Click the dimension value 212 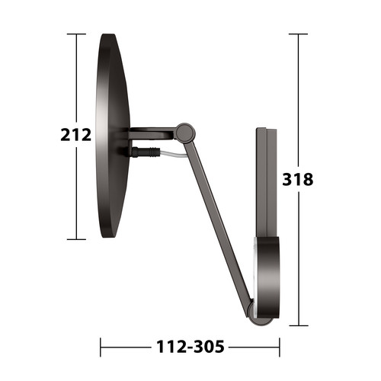[75, 135]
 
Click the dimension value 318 [298, 179]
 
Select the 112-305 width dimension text [190, 347]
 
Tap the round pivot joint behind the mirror [186, 133]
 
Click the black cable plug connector [146, 152]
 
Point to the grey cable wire [174, 155]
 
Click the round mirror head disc [113, 136]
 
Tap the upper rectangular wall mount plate [266, 182]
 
